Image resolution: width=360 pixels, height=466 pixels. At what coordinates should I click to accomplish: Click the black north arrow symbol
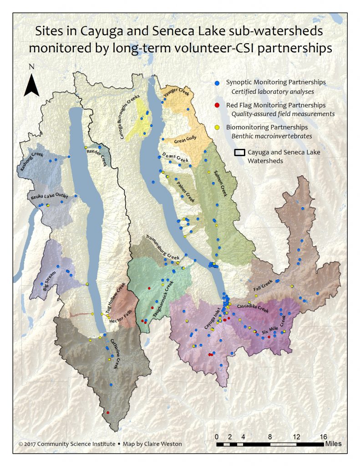(31, 85)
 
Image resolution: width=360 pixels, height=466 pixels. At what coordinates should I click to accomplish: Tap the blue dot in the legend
(218, 82)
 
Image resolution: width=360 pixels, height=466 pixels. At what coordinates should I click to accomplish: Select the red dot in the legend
(218, 105)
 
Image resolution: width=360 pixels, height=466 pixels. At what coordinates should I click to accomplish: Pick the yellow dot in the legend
(218, 127)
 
